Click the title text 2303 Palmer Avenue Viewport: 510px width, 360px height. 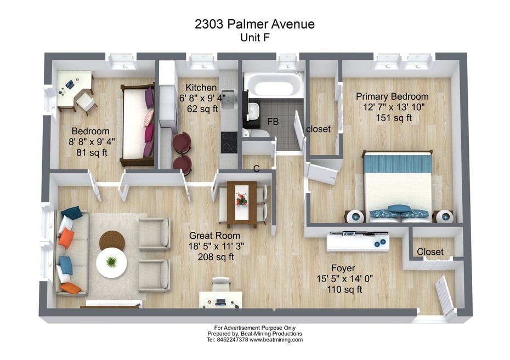(254, 24)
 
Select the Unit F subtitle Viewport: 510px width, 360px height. (254, 37)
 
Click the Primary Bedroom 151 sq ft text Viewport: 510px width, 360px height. (392, 117)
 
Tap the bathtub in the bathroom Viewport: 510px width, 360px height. (274, 85)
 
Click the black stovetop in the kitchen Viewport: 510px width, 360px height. (229, 143)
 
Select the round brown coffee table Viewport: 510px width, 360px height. (112, 241)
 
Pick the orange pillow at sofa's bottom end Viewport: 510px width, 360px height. (71, 287)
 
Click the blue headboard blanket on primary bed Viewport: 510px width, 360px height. (398, 163)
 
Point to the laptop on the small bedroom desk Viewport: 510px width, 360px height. (70, 84)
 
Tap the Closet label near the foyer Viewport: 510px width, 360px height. (430, 252)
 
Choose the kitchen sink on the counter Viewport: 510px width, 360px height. (229, 98)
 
